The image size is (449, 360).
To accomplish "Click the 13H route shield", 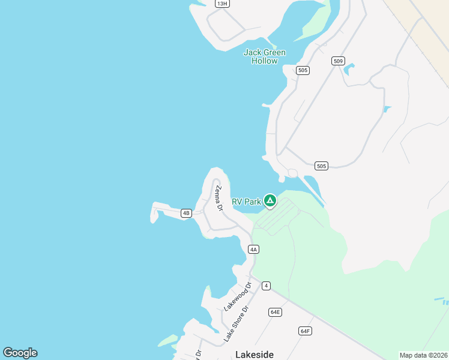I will click(223, 4).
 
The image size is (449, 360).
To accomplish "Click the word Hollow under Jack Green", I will click(264, 61).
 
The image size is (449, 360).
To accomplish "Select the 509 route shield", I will click(338, 61).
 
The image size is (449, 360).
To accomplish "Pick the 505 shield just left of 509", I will click(303, 70).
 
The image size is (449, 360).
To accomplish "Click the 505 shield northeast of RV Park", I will click(321, 166).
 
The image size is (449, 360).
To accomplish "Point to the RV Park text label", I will click(246, 202).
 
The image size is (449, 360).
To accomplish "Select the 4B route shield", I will click(186, 213).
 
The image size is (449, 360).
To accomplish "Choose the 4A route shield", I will click(253, 249).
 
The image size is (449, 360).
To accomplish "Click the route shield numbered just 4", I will click(266, 286).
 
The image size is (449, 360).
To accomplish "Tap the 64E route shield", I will click(275, 312).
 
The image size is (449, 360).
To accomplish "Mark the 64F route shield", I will click(305, 331).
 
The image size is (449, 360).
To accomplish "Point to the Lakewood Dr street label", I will click(237, 298).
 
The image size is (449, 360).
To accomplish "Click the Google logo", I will click(20, 353).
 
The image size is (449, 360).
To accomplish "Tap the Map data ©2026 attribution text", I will click(423, 355).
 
